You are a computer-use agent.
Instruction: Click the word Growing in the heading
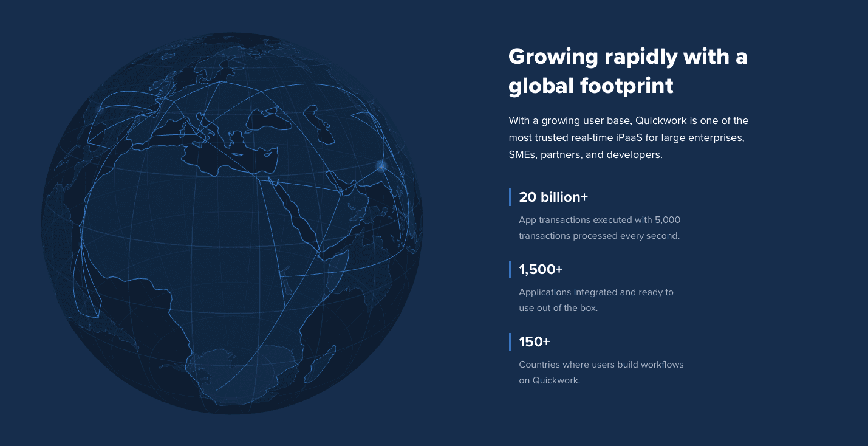[553, 57]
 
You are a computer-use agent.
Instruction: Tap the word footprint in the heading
[627, 86]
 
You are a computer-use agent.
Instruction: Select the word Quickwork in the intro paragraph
[661, 120]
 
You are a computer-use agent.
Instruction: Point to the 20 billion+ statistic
[553, 197]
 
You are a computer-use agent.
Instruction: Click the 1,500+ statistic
[541, 269]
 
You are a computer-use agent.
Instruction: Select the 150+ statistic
[535, 341]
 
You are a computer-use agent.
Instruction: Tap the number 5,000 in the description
[668, 220]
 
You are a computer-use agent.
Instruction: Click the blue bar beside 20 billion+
[510, 197]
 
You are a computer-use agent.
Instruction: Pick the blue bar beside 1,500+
[510, 269]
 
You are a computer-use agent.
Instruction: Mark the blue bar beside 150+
[510, 341]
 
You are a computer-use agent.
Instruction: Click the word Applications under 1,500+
[545, 292]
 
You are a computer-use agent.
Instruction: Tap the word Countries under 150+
[539, 365]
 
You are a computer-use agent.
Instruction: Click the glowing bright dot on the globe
[382, 166]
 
